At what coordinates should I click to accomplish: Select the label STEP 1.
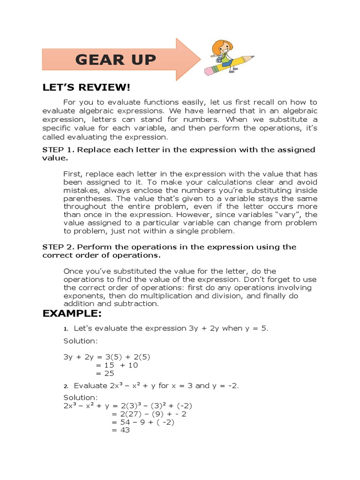coord(58,150)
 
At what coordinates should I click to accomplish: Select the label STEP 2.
coord(58,247)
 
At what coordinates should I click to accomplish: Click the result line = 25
coord(105,373)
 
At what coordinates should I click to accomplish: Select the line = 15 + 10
coord(117,365)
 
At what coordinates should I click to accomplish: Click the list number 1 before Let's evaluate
coord(66,329)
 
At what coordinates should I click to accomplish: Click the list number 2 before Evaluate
coord(66,386)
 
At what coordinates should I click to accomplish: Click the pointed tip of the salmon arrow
coord(200,60)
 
